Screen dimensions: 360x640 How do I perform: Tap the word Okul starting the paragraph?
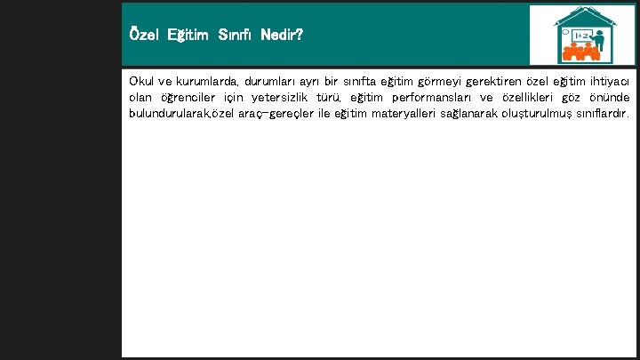tap(142, 81)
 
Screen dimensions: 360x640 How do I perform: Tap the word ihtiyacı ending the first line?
tap(607, 81)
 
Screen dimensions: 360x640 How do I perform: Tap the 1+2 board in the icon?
tap(581, 35)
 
